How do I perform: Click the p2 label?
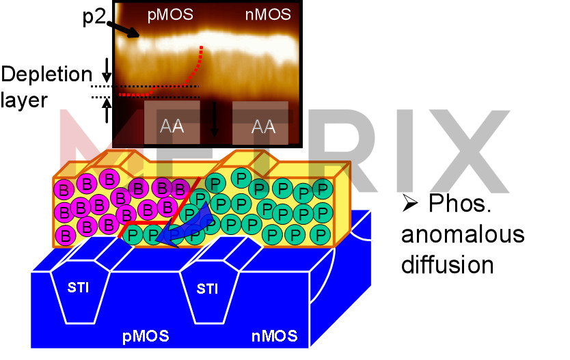[x=94, y=16]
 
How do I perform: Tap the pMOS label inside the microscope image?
[x=170, y=15]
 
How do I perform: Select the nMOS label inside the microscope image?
[x=268, y=14]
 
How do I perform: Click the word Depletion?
[x=46, y=74]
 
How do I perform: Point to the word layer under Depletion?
[x=24, y=100]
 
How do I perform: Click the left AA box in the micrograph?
[x=172, y=122]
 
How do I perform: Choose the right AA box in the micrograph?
[x=260, y=123]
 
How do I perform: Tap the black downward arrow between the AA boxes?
[x=214, y=120]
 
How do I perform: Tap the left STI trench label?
[x=78, y=288]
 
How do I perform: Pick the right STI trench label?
[x=207, y=289]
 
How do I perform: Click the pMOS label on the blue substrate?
[x=146, y=336]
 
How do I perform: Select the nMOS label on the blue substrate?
[x=275, y=336]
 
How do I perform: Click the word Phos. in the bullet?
[x=460, y=203]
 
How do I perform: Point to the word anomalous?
[x=463, y=234]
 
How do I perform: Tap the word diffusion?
[x=448, y=264]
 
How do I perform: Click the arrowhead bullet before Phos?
[x=410, y=203]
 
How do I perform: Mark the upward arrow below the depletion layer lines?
[x=107, y=111]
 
